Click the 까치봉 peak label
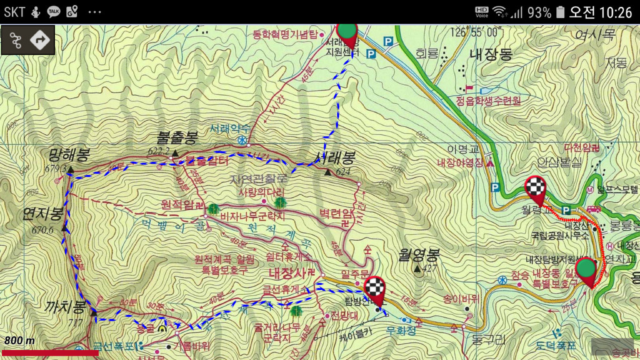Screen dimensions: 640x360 pyautogui.click(x=65, y=307)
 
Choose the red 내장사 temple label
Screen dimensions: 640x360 pyautogui.click(x=289, y=273)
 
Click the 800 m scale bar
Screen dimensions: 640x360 pyautogui.click(x=50, y=352)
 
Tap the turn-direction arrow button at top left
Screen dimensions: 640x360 pyautogui.click(x=41, y=40)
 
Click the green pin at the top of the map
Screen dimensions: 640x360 pyautogui.click(x=347, y=32)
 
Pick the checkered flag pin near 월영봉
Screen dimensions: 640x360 pyautogui.click(x=375, y=290)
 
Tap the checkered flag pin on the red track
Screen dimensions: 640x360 pyautogui.click(x=535, y=188)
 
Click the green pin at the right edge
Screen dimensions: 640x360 pyautogui.click(x=586, y=270)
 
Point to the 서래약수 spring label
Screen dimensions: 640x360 pyautogui.click(x=229, y=128)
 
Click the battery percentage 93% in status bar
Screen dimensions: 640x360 pyautogui.click(x=539, y=12)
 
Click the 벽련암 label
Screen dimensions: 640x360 pyautogui.click(x=336, y=213)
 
